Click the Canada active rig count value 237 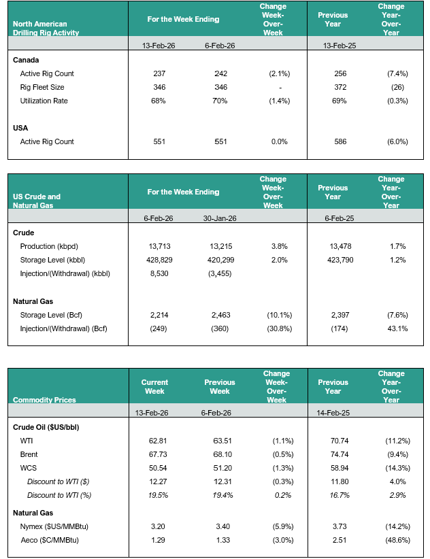click(162, 73)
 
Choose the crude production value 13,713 click(162, 245)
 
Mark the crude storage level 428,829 click(162, 259)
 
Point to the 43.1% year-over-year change click(395, 330)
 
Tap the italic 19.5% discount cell click(154, 495)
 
